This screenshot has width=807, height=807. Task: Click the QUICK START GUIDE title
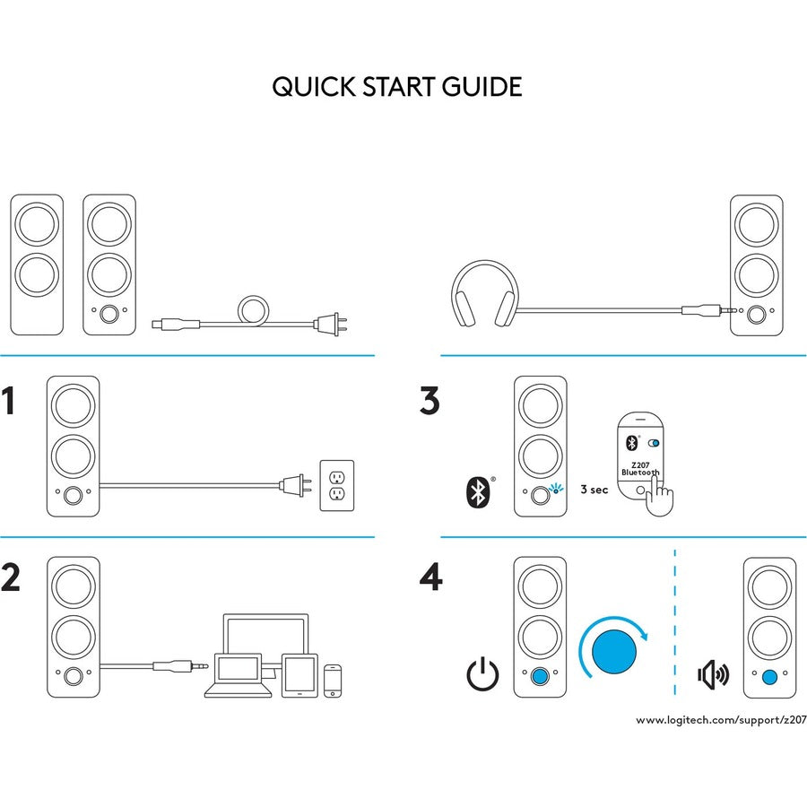point(396,87)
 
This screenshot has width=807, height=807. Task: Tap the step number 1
point(10,402)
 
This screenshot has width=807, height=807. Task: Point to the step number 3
point(430,401)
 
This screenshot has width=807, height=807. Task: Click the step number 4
point(430,577)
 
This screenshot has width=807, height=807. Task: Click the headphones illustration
point(482,294)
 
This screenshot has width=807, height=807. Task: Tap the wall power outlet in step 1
point(337,485)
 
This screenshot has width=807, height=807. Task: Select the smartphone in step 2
point(334,681)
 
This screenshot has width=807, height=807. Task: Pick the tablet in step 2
point(298,674)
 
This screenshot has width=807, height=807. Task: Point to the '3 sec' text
point(594,490)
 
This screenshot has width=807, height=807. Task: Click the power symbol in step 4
point(482,673)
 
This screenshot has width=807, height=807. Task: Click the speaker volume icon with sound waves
point(714,673)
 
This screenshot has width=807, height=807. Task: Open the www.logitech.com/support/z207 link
point(716,720)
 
